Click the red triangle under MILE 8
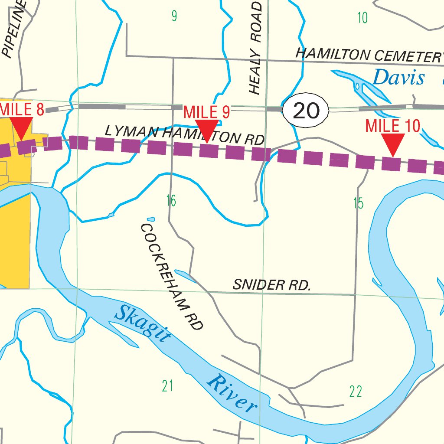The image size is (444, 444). [x=21, y=127]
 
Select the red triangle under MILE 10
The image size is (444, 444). [x=393, y=144]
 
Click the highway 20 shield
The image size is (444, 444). [x=306, y=111]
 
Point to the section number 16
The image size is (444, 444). [x=171, y=201]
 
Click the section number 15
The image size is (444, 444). [x=358, y=203]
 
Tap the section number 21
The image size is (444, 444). [x=167, y=385]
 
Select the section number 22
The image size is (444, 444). [x=356, y=392]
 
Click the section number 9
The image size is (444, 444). [x=174, y=16]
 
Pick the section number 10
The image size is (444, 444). [x=362, y=18]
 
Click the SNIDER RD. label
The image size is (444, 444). [x=272, y=285]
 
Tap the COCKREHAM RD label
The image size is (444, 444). [x=172, y=277]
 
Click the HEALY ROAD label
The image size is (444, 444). [x=256, y=48]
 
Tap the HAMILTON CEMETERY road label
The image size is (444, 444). [x=369, y=55]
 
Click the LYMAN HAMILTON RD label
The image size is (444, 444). [x=184, y=135]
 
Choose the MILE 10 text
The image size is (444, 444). [x=393, y=126]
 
